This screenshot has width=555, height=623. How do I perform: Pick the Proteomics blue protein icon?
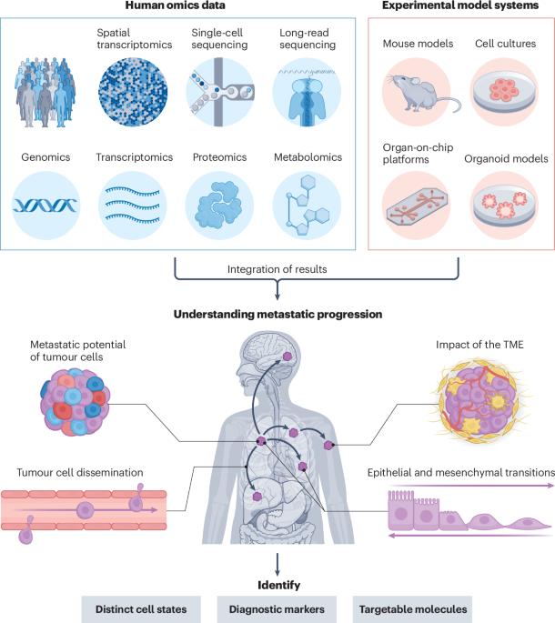[x=218, y=202]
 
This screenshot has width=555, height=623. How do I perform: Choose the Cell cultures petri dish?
[x=504, y=91]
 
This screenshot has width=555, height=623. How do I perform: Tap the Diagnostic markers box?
[x=276, y=606]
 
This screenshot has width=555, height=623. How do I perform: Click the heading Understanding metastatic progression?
[x=277, y=315]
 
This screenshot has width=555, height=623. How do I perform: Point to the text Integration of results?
[x=277, y=268]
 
